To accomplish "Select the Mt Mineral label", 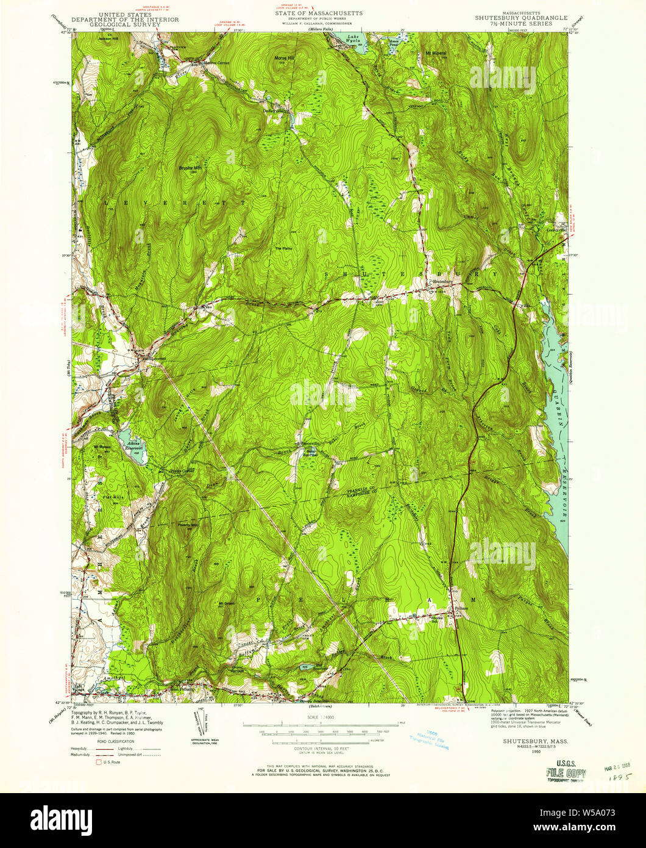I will coord(436,53).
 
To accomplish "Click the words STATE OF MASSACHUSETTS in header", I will coord(318,12).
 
